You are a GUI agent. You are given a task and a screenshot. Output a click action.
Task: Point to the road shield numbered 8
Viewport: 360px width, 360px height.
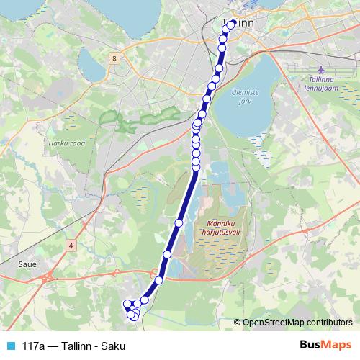114,57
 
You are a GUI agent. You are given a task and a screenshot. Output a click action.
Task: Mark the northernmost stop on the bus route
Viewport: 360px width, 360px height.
232,24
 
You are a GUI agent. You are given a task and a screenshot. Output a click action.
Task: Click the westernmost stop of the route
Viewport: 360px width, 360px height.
127,304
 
